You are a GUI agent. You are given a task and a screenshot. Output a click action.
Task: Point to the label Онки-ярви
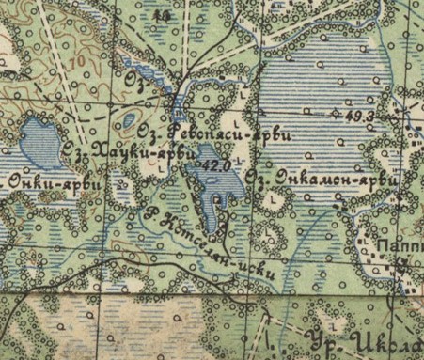[x=48, y=182]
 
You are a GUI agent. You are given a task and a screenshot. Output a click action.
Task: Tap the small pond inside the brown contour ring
[x=127, y=120]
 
